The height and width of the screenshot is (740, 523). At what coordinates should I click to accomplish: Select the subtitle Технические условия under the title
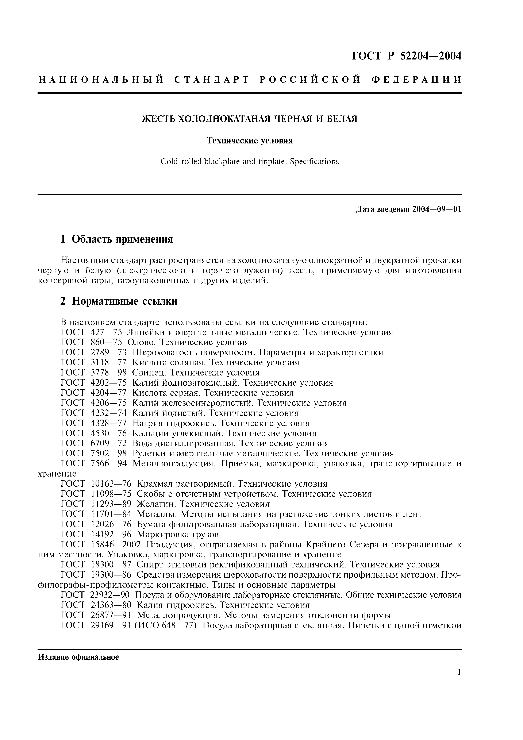pos(250,141)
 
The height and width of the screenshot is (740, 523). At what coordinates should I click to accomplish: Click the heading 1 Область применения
pos(117,239)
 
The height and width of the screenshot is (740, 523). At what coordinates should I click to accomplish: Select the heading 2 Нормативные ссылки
pos(119,301)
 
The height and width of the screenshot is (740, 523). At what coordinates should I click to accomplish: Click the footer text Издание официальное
pos(78,657)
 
